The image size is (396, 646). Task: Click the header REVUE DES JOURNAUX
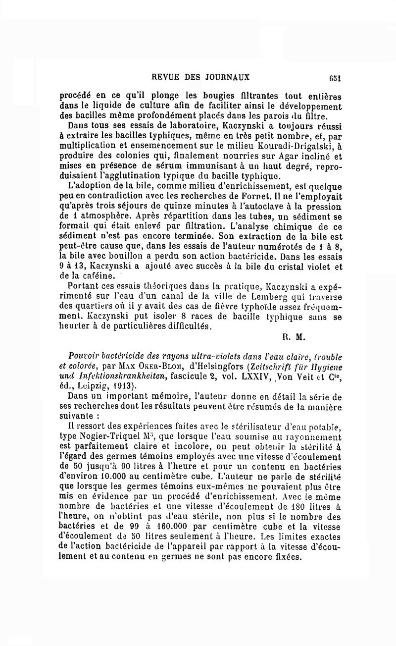point(200,77)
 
